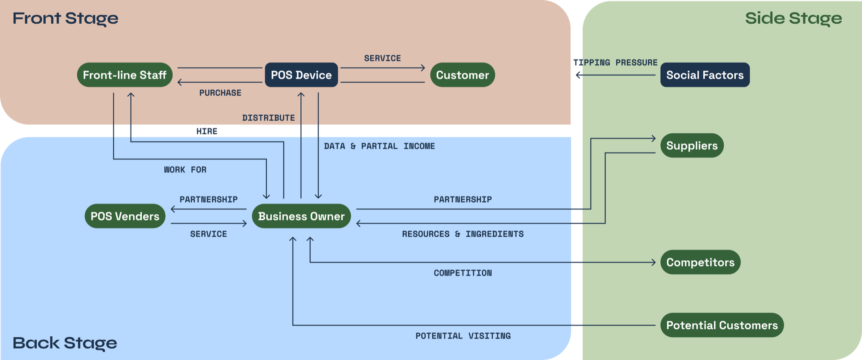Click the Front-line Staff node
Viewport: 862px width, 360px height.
(125, 75)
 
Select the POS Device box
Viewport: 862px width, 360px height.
(301, 75)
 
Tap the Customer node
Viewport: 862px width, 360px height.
(462, 75)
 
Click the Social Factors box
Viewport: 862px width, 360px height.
(705, 75)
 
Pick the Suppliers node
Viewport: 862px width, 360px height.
(692, 146)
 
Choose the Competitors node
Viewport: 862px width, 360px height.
(700, 262)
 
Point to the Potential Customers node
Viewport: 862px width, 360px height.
(722, 325)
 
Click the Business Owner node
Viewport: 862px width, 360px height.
(301, 216)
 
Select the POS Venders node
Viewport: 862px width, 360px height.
(125, 216)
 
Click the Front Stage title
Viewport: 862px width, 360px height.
(66, 19)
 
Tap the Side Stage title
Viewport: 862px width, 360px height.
(793, 19)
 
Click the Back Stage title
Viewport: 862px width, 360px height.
(65, 343)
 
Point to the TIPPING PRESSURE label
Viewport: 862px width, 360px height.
(615, 63)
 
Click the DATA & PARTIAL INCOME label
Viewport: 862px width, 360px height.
(379, 146)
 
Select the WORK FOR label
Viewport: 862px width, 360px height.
(185, 170)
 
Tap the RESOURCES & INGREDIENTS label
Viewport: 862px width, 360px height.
(463, 234)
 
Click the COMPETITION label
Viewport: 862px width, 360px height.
(463, 273)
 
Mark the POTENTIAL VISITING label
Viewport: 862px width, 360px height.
(463, 336)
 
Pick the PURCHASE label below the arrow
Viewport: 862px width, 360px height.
(220, 93)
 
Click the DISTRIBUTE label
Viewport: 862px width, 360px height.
(269, 118)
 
